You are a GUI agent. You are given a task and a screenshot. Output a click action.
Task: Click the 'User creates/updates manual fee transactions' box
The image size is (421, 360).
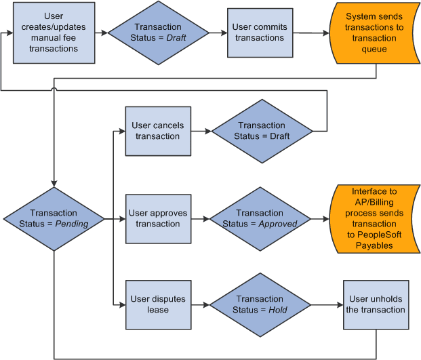(54, 33)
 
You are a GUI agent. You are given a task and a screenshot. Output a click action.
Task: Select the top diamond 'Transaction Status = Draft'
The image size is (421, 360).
(158, 33)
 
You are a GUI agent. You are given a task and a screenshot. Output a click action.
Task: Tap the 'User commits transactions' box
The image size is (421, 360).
(260, 33)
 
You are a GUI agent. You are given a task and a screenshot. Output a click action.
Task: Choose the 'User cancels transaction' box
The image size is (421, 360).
(157, 131)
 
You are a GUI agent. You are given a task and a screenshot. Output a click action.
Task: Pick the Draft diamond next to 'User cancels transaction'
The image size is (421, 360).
(262, 131)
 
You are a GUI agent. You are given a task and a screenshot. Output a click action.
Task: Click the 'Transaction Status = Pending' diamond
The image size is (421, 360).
(54, 218)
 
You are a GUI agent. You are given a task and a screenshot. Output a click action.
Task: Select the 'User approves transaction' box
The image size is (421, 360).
(157, 218)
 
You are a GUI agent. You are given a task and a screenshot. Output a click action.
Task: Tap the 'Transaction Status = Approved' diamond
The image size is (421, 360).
(260, 218)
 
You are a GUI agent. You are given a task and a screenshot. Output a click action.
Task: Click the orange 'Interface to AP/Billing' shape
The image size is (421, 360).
(374, 218)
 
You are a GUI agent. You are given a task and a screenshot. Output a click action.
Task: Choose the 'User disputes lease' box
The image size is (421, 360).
(157, 304)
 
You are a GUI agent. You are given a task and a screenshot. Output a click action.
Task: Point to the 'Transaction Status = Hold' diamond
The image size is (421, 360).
(260, 304)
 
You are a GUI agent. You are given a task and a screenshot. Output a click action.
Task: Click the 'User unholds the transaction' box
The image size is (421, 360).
(377, 304)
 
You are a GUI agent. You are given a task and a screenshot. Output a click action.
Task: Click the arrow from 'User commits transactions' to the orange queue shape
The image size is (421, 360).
(310, 33)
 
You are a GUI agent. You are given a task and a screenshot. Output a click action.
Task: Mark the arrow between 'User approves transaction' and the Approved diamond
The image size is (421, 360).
(199, 218)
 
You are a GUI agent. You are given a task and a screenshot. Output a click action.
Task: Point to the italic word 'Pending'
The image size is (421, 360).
(72, 224)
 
